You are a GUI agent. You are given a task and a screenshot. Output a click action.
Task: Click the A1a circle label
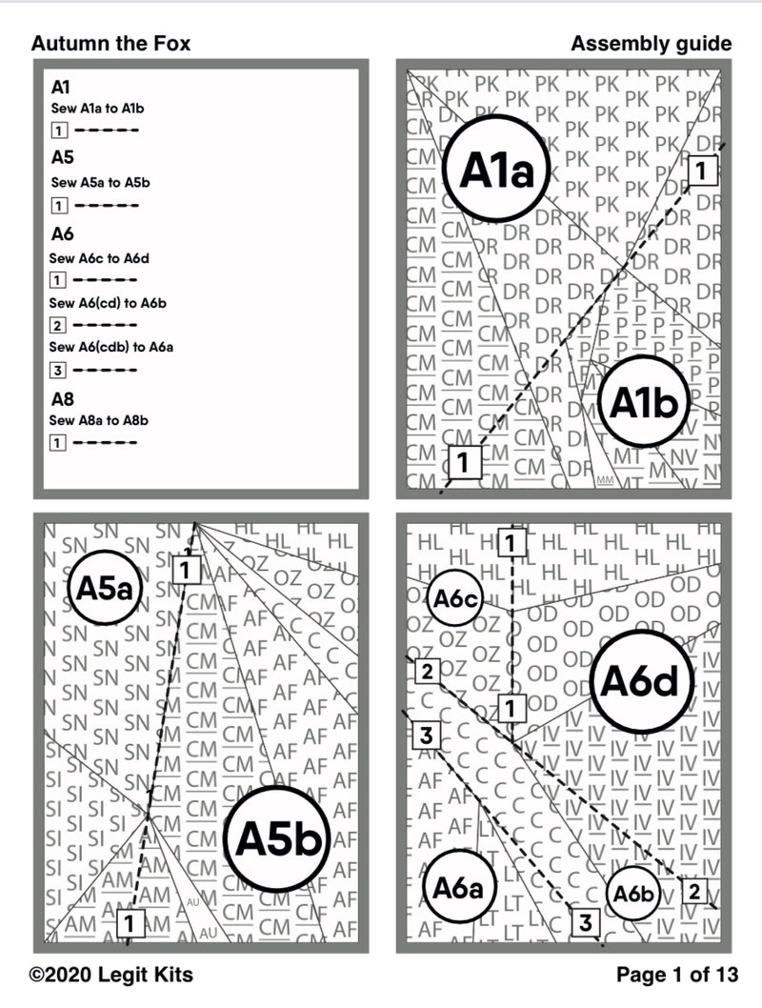pyautogui.click(x=493, y=171)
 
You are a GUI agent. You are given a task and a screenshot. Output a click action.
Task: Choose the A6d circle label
pyautogui.click(x=640, y=681)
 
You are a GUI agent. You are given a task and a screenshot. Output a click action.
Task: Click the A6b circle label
pyautogui.click(x=632, y=895)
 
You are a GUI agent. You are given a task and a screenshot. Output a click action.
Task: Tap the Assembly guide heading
pyautogui.click(x=652, y=44)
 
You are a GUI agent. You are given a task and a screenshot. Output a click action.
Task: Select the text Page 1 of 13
pyautogui.click(x=676, y=975)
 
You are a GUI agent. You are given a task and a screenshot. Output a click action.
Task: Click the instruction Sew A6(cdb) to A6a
pyautogui.click(x=111, y=347)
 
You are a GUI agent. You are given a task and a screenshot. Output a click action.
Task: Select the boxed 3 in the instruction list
pyautogui.click(x=58, y=370)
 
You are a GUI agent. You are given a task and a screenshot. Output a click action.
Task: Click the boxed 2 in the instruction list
pyautogui.click(x=58, y=325)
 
